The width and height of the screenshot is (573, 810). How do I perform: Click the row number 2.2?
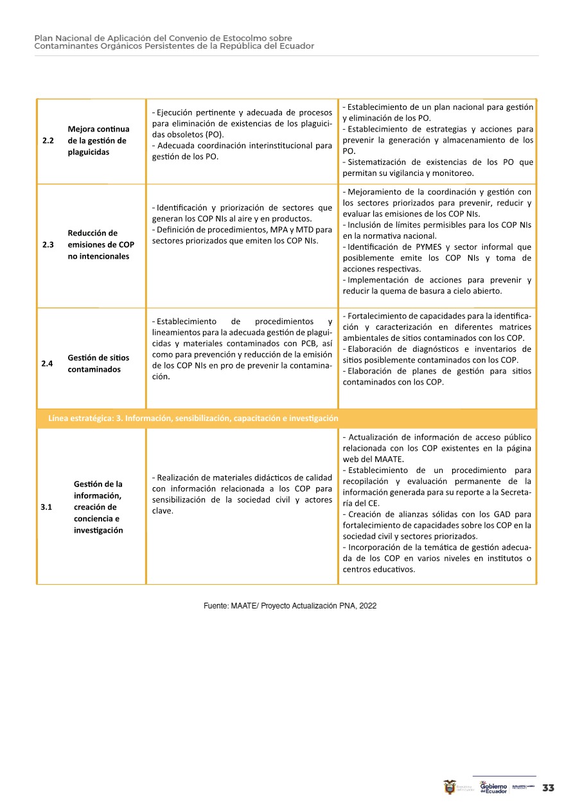[48, 141]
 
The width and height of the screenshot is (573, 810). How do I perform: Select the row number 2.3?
[48, 245]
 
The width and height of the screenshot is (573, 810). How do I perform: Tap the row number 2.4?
[47, 363]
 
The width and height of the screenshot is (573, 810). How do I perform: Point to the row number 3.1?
[46, 507]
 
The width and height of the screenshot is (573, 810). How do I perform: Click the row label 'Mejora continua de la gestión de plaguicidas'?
[98, 141]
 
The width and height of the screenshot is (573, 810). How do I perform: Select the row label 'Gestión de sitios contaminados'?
[98, 363]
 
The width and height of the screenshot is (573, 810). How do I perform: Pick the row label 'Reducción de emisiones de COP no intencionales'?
[101, 245]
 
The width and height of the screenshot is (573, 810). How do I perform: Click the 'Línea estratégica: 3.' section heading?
[193, 418]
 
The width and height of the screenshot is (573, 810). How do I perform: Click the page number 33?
[548, 788]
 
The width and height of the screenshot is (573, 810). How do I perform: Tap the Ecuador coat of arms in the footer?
[450, 787]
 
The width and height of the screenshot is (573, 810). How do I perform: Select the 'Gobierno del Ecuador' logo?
[493, 788]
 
